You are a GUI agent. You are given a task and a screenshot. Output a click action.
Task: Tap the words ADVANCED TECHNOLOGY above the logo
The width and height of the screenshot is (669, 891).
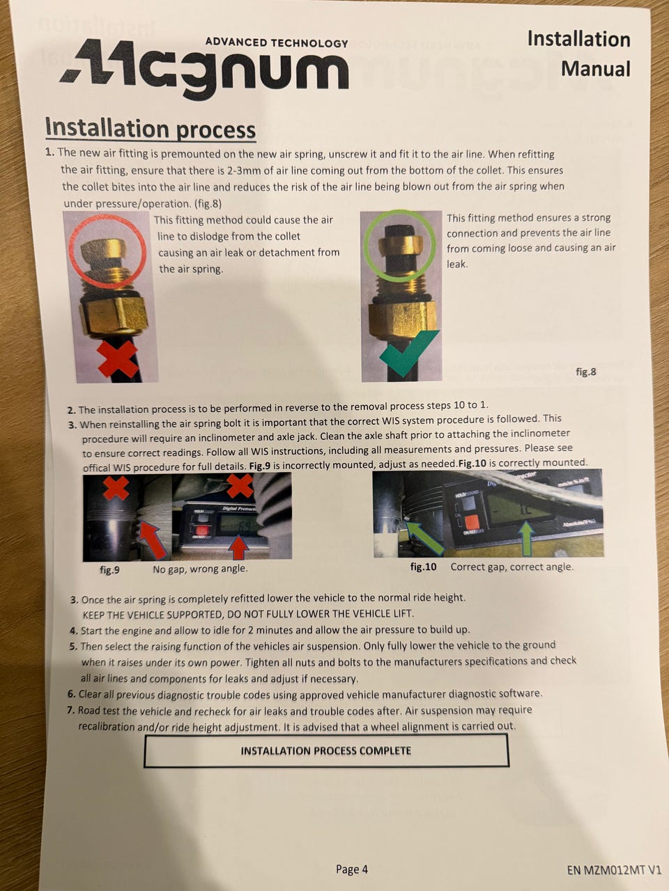[277, 42]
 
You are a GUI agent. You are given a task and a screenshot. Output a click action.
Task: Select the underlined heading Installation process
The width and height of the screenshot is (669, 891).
[151, 129]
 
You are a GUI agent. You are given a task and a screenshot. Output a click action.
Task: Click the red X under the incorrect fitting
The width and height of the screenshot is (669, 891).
[118, 358]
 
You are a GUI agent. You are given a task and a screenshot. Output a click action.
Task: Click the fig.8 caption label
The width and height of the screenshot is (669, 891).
[586, 372]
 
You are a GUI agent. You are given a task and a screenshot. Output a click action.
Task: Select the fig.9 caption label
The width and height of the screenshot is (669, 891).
[109, 570]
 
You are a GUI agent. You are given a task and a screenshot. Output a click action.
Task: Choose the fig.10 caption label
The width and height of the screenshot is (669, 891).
[423, 567]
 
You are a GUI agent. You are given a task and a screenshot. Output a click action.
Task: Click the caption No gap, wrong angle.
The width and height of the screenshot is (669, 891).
[200, 569]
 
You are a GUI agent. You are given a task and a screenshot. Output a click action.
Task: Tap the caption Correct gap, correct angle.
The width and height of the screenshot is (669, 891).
[512, 567]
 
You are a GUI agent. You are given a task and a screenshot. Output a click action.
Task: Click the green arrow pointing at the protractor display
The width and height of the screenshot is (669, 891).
[527, 539]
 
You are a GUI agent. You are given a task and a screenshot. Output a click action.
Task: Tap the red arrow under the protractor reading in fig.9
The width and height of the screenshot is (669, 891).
[238, 548]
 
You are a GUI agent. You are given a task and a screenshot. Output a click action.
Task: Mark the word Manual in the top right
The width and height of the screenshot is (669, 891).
[595, 69]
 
